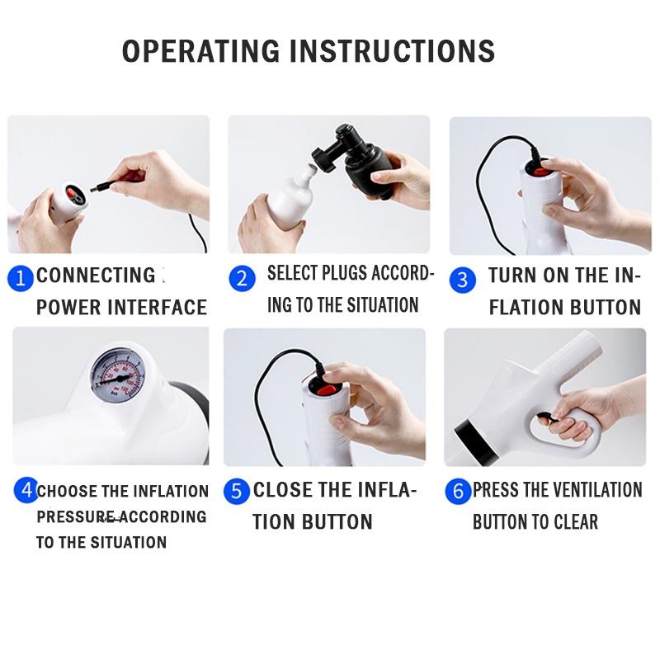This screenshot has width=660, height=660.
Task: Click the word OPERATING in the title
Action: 200,51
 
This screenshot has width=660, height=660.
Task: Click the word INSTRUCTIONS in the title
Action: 393,51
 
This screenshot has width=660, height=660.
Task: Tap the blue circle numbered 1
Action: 20,278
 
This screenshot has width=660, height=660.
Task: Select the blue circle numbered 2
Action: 242,278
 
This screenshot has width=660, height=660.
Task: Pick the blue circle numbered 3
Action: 463,280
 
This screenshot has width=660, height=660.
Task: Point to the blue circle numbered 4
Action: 26,490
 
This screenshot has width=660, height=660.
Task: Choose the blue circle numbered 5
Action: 236,491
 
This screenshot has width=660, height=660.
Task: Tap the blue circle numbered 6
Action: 458,491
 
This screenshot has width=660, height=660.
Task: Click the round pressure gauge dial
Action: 118,376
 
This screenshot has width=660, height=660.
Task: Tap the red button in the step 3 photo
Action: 540,172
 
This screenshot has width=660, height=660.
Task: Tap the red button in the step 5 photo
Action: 327,389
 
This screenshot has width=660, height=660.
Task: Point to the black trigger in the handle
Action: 548,418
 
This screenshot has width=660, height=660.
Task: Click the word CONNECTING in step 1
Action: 96,276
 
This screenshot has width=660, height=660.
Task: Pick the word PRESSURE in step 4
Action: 75,517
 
